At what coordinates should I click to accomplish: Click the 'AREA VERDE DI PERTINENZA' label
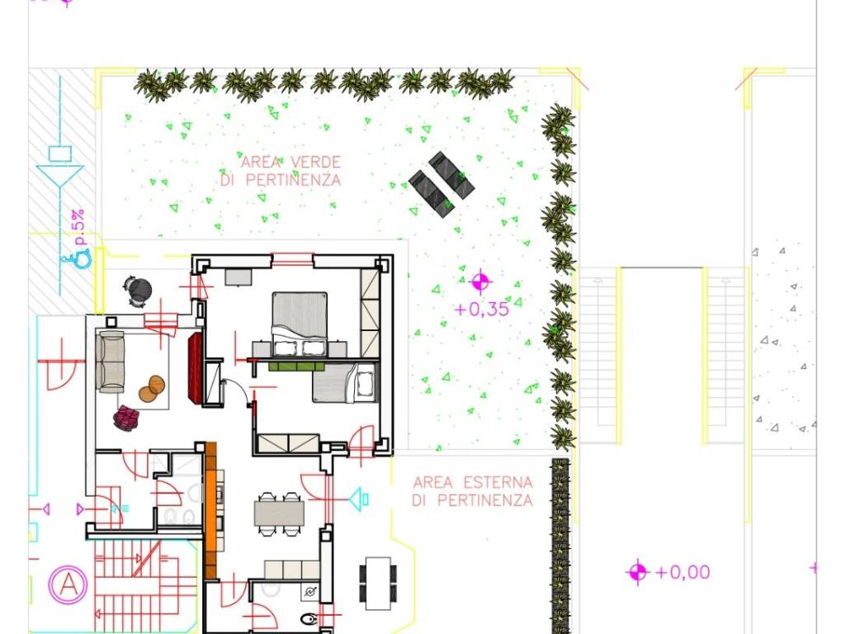[x=281, y=171]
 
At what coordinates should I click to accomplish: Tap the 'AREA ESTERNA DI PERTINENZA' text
[x=473, y=491]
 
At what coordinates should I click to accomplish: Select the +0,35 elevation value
[x=482, y=310]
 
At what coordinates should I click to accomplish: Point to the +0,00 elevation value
[x=682, y=572]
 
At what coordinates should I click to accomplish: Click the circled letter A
[x=68, y=584]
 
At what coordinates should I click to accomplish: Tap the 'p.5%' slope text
[x=78, y=228]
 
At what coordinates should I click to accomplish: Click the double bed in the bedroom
[x=300, y=324]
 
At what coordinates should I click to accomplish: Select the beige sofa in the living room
[x=110, y=361]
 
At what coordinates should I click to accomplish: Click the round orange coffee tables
[x=152, y=389]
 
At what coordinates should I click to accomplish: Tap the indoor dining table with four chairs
[x=279, y=513]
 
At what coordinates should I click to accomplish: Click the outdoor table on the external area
[x=378, y=584]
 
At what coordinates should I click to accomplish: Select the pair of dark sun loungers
[x=441, y=184]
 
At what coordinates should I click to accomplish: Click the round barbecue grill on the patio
[x=137, y=291]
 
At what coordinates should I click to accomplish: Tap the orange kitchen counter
[x=210, y=510]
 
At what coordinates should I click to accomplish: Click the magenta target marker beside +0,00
[x=638, y=571]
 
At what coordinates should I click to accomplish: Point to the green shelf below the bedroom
[x=296, y=366]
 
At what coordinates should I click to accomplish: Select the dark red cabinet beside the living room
[x=195, y=367]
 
